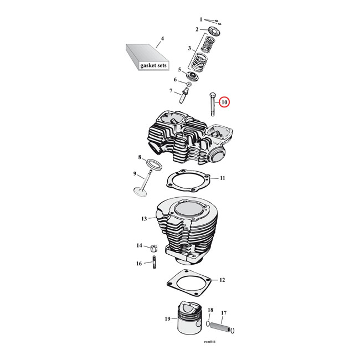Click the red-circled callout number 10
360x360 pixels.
(x=224, y=102)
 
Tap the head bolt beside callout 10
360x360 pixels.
(x=212, y=105)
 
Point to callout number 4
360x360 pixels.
(x=162, y=38)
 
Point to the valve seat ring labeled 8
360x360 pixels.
(x=153, y=163)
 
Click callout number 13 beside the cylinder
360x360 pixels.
(x=143, y=219)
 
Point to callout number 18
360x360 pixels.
(x=210, y=310)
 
